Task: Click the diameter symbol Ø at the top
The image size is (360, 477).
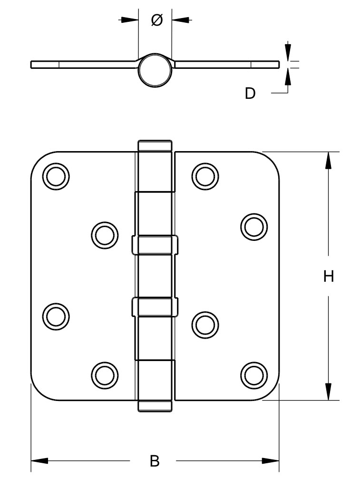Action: (x=156, y=20)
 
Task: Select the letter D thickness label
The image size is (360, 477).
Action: (x=250, y=94)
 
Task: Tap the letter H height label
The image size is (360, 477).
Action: (x=329, y=276)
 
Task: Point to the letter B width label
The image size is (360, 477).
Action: (x=154, y=460)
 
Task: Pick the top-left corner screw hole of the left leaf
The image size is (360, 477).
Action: (x=56, y=176)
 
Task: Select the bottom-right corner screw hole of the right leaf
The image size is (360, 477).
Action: (x=253, y=375)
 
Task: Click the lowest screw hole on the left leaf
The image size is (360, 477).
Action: (x=104, y=375)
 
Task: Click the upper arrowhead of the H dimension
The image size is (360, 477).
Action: (x=328, y=161)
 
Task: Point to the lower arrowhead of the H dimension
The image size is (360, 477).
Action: (x=328, y=391)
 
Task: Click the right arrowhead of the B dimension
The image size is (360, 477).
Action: (x=270, y=460)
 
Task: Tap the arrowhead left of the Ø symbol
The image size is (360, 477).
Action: (x=129, y=20)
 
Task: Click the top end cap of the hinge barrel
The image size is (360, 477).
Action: (x=155, y=145)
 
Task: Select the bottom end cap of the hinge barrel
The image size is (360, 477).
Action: (x=155, y=406)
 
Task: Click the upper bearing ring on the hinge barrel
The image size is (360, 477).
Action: (x=155, y=244)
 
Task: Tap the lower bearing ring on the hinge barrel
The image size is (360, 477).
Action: (x=155, y=306)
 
